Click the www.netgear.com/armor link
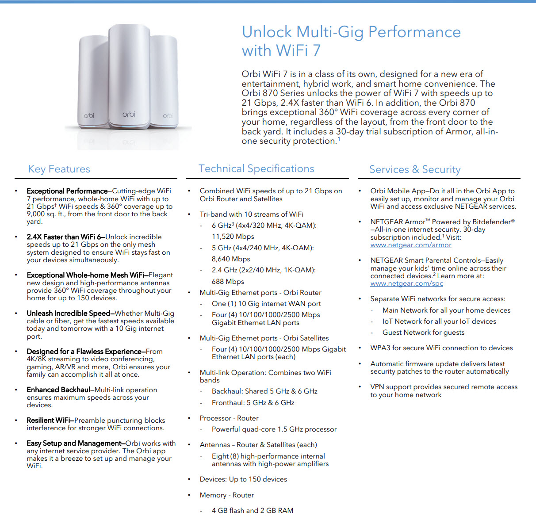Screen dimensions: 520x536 pyautogui.click(x=411, y=245)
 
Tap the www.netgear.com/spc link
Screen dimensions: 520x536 pyautogui.click(x=406, y=283)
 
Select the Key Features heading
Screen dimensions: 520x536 pyautogui.click(x=59, y=169)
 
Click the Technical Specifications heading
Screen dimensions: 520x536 pyautogui.click(x=256, y=168)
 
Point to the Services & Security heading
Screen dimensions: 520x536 pyautogui.click(x=415, y=169)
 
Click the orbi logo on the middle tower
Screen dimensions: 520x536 pyautogui.click(x=129, y=115)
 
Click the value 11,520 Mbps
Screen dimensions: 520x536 pyautogui.click(x=233, y=237)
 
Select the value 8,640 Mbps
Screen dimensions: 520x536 pyautogui.click(x=231, y=259)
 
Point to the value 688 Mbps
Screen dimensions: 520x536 pyautogui.click(x=228, y=282)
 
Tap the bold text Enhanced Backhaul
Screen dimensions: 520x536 pyautogui.click(x=58, y=390)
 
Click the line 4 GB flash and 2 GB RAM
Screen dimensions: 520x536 pyautogui.click(x=252, y=510)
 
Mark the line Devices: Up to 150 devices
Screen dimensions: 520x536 pyautogui.click(x=243, y=479)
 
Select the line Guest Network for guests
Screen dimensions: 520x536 pyautogui.click(x=423, y=333)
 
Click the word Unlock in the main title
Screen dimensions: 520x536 pyautogui.click(x=267, y=32)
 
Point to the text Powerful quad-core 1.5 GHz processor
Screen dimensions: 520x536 pyautogui.click(x=274, y=429)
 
